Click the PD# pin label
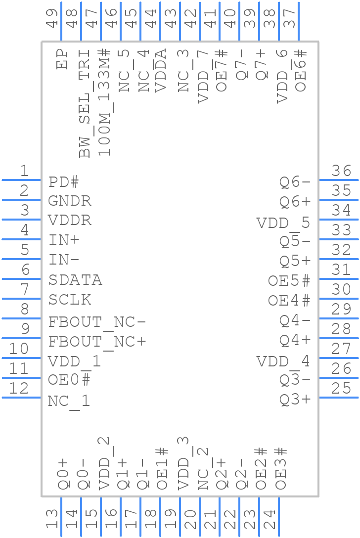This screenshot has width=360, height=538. pos(64,182)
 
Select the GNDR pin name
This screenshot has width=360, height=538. pos(70,201)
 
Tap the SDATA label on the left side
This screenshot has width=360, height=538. pos(75,280)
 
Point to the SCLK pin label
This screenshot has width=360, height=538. pos(70,300)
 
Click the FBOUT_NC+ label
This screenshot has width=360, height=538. pos(97,342)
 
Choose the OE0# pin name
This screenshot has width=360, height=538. pos(70,380)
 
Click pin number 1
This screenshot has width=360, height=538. pos(24,171)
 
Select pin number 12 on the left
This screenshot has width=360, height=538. pos(19,389)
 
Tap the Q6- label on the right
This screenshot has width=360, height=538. pos(295,182)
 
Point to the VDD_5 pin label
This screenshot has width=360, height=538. pos(283,223)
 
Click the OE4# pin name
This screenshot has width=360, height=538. pos(289,300)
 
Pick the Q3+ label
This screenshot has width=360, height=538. pos(295,400)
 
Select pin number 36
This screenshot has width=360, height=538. pos(342,171)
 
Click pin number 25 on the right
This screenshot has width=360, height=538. pos(342,389)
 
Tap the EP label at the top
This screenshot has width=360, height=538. pos(62,59)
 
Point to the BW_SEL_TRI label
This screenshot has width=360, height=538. pos(85,103)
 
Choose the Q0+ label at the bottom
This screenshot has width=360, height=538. pos(64,474)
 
